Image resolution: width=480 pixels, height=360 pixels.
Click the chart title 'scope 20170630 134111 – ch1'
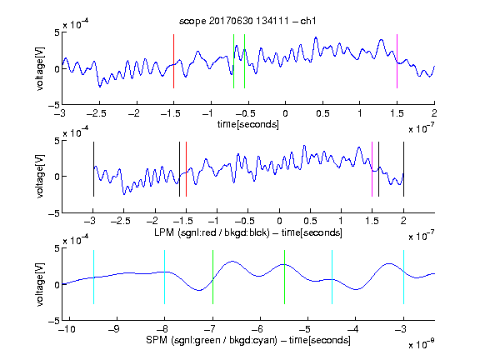(x=247, y=21)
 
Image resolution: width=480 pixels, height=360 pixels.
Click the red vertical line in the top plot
(x=174, y=61)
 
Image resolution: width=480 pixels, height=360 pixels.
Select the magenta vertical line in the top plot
(x=397, y=61)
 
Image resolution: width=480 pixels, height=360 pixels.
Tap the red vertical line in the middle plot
(x=186, y=169)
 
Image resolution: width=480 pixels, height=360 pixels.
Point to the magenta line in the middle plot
(x=372, y=169)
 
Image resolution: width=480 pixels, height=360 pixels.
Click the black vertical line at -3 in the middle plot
(x=93, y=169)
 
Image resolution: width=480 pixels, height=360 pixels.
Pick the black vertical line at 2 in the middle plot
(x=403, y=169)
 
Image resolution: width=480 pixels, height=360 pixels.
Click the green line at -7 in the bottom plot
(x=212, y=277)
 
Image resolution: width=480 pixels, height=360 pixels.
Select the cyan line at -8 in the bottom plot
(x=165, y=277)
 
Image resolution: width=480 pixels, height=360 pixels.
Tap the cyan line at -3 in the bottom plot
(x=403, y=277)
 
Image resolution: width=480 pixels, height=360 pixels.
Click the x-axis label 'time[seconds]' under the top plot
(x=248, y=125)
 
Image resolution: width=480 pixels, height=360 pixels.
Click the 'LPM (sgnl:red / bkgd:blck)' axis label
(x=212, y=232)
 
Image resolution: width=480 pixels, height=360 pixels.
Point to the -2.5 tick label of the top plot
(x=97, y=113)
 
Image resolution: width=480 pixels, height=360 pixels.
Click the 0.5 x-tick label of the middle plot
(x=310, y=221)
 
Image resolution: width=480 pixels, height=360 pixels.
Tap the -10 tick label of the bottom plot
(x=67, y=329)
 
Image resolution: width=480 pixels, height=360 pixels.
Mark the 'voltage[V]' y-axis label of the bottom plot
(x=40, y=284)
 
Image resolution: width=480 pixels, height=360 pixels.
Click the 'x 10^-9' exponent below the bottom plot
(x=421, y=345)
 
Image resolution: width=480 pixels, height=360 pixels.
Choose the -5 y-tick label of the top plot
(x=54, y=105)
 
